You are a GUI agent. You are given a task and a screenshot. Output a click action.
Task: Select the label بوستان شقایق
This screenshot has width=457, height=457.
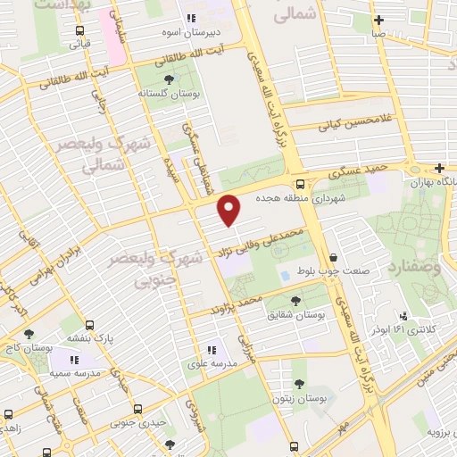click(x=290, y=315)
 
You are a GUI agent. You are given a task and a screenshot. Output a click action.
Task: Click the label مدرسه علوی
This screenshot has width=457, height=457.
click(x=212, y=362)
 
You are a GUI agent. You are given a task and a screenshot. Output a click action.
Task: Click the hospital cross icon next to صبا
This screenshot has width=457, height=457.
click(x=379, y=20)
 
